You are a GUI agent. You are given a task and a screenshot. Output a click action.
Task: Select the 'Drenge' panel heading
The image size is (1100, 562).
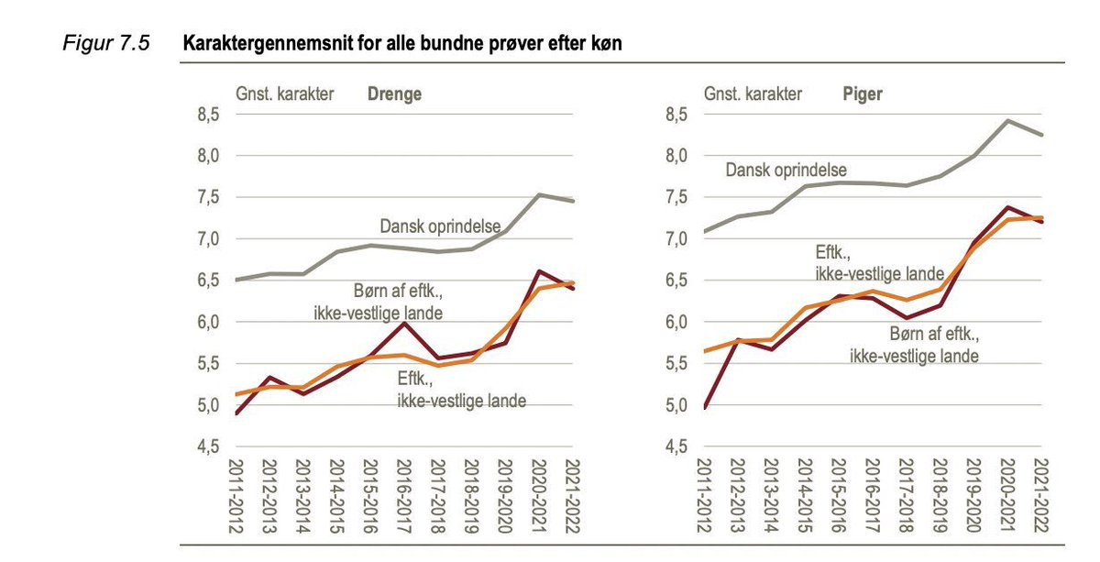(x=395, y=94)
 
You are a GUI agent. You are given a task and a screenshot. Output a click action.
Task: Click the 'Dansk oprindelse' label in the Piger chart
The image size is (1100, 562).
(x=786, y=170)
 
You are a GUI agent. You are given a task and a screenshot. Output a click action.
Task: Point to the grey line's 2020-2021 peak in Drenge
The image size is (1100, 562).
(x=538, y=194)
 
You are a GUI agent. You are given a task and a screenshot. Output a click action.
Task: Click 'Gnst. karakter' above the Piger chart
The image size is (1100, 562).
(x=753, y=94)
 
